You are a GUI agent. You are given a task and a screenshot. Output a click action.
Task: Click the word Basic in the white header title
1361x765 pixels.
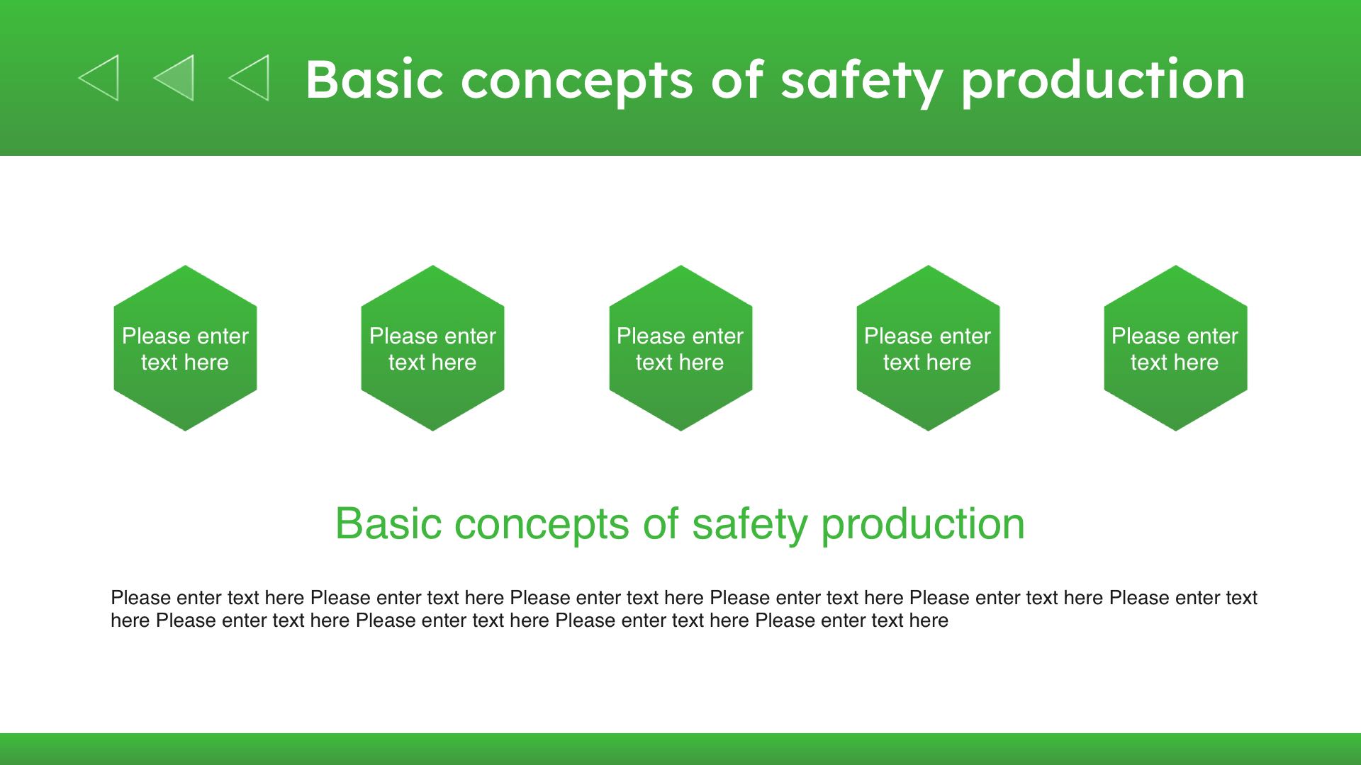(x=374, y=79)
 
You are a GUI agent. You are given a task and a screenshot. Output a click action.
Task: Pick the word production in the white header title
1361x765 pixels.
(x=1103, y=82)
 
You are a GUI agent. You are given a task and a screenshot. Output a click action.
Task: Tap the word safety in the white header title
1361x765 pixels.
(x=861, y=82)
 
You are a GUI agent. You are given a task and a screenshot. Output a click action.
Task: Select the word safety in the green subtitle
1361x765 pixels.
(x=749, y=526)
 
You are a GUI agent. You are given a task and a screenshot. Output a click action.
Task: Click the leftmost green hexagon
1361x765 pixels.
(x=185, y=348)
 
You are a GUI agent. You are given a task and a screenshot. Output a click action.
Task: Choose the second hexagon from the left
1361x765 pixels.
(x=432, y=348)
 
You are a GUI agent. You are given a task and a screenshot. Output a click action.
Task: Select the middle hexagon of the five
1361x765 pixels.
(x=680, y=348)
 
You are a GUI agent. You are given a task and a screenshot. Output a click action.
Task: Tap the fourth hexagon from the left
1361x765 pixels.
(x=928, y=348)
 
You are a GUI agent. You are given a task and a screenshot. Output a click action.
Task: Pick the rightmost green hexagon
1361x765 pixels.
(x=1175, y=348)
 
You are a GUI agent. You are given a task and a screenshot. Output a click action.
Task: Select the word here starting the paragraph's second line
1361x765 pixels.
(x=130, y=620)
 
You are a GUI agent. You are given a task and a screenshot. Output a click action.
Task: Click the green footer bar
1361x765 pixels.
(x=680, y=749)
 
